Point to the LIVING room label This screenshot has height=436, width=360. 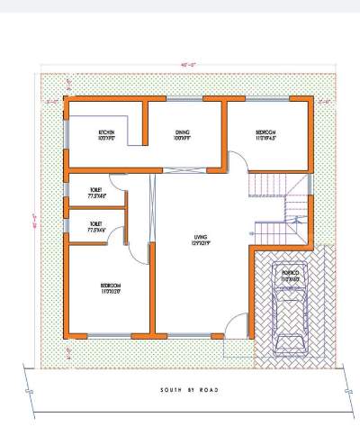coord(200,240)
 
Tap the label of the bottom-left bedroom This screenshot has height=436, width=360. coord(112,288)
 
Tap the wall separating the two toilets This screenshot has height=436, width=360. coord(94,211)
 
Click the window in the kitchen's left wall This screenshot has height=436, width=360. coord(66,133)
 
